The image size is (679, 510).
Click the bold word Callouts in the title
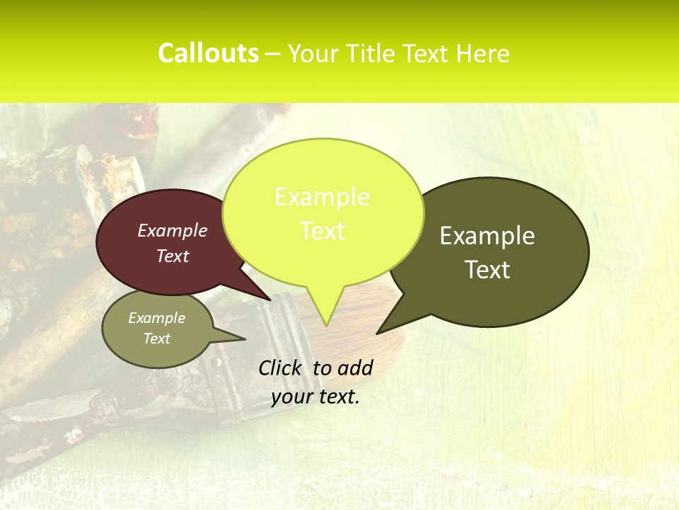[x=208, y=53]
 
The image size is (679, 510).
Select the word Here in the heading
[x=482, y=54]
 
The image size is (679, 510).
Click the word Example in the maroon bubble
[x=173, y=230]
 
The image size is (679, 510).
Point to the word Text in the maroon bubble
[x=173, y=256]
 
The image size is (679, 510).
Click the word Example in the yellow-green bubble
[x=322, y=197]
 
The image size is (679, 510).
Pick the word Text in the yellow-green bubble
[x=322, y=231]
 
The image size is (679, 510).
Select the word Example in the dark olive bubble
[x=487, y=235]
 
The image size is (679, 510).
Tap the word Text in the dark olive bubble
[x=487, y=269]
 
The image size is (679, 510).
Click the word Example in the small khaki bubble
[x=156, y=318]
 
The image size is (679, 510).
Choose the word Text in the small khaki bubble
[x=156, y=339]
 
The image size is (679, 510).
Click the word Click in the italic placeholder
[x=282, y=368]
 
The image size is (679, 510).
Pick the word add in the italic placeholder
[x=354, y=368]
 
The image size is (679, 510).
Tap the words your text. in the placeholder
[x=315, y=397]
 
